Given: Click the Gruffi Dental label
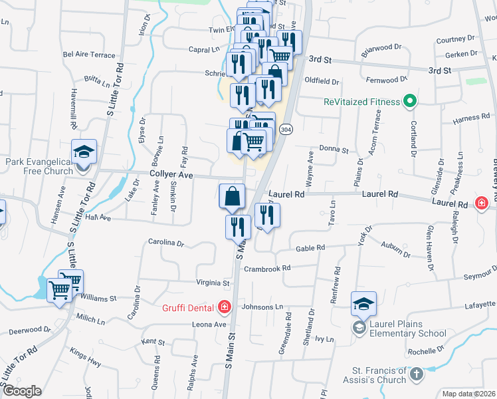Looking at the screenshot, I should tap(189, 307).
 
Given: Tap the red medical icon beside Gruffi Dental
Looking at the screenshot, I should tap(225, 307).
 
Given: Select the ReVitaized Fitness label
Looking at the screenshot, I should tap(362, 102).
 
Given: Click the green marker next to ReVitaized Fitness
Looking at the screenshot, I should tap(411, 102).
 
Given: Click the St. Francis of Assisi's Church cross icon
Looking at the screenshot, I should tap(417, 374).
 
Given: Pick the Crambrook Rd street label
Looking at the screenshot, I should tap(268, 268).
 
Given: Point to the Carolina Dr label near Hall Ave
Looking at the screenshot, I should tap(166, 243).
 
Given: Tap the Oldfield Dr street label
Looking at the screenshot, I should tap(322, 81).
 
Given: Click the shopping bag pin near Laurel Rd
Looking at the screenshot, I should tap(232, 198).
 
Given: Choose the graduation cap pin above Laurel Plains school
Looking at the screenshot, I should tap(364, 305).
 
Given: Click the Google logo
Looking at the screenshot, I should tap(23, 391).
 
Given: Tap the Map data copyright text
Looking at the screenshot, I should tap(469, 394).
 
